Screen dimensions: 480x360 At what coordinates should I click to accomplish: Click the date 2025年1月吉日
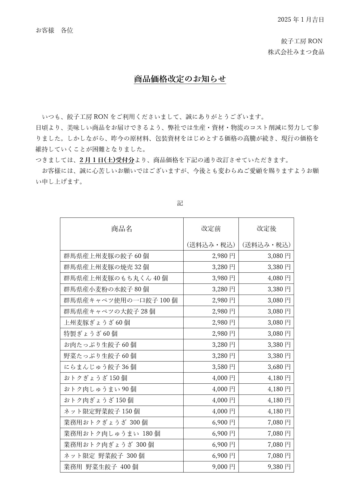[301, 20]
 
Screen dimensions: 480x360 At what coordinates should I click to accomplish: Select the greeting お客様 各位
[54, 30]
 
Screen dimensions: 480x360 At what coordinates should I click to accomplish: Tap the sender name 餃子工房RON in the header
[301, 41]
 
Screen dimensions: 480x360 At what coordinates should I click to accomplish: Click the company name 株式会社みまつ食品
[296, 52]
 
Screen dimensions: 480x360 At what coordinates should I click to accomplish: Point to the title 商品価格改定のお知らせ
[180, 79]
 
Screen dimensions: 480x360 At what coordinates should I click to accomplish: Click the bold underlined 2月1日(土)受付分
[107, 160]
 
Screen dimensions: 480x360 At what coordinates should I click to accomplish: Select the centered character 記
[180, 203]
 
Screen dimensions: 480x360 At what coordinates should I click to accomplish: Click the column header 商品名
[121, 229]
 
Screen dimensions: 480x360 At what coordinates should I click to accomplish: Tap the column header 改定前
[211, 229]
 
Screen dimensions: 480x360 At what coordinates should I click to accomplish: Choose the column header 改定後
[266, 229]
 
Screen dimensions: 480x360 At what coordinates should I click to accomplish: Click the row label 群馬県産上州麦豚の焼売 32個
[106, 267]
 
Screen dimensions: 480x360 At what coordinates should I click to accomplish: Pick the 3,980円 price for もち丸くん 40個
[223, 278]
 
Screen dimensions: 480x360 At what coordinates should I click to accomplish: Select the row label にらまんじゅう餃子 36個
[100, 367]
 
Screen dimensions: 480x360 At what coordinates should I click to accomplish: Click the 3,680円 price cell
[279, 367]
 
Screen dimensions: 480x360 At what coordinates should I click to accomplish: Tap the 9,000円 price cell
[223, 467]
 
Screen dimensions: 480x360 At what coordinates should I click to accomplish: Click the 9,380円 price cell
[279, 467]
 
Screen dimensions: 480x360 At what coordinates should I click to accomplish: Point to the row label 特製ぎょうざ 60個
[91, 334]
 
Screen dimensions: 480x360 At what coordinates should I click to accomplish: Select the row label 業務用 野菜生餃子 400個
[101, 467]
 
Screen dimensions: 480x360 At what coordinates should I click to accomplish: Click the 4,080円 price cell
[279, 278]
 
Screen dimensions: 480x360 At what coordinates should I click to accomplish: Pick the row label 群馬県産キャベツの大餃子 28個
[109, 311]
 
